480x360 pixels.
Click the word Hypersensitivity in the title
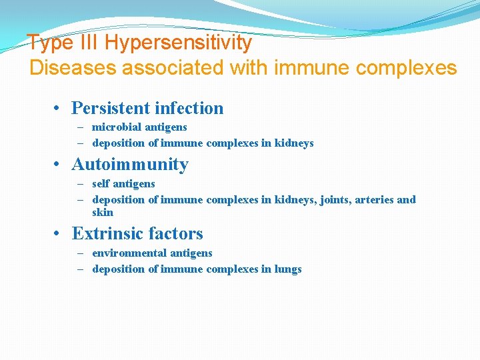point(178,43)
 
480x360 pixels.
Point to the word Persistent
point(110,108)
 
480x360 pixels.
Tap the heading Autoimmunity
point(130,164)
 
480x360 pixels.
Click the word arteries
point(374,199)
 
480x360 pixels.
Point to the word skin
point(103,213)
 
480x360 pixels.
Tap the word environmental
point(129,253)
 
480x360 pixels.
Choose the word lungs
point(288,269)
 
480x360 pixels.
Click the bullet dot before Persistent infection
point(59,109)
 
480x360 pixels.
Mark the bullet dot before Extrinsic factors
point(59,234)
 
